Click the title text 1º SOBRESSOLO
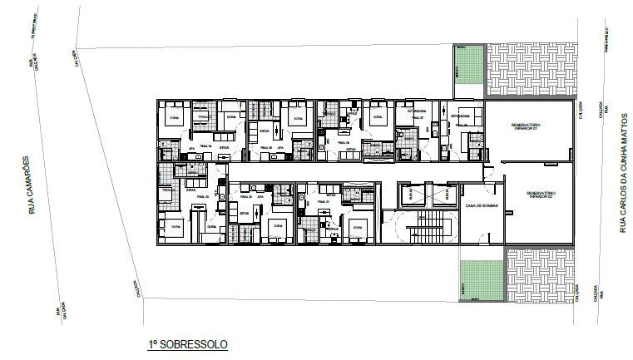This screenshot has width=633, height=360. click(183, 343)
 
